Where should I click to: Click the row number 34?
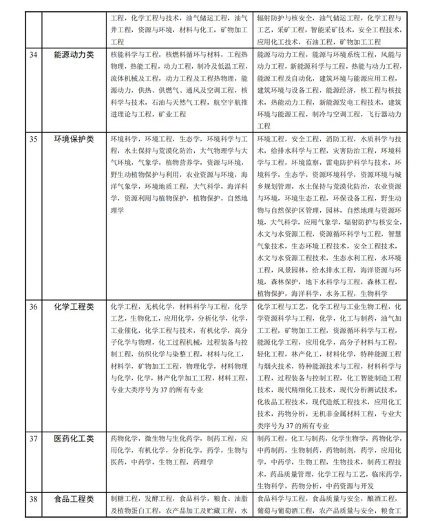(x=31, y=55)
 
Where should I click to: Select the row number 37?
(x=31, y=438)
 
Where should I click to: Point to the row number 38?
(x=31, y=498)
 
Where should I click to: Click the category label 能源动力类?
(x=73, y=55)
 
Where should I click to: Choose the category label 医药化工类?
(x=73, y=438)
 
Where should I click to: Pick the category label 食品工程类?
(x=73, y=498)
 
